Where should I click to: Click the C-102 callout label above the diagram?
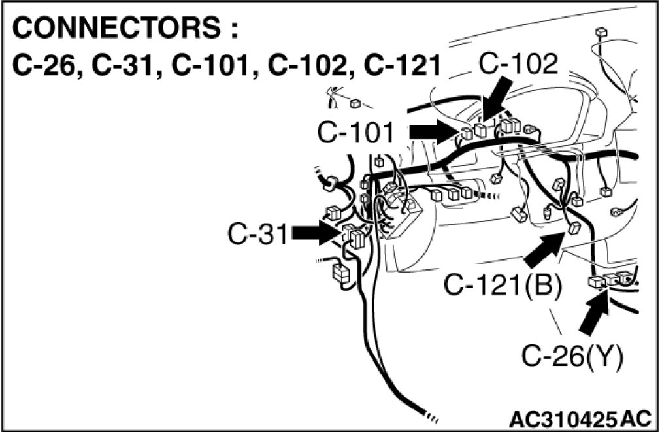pyautogui.click(x=518, y=63)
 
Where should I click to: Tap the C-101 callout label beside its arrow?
pyautogui.click(x=357, y=133)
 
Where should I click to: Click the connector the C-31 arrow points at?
pyautogui.click(x=352, y=235)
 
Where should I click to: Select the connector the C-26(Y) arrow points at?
pyautogui.click(x=598, y=282)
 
